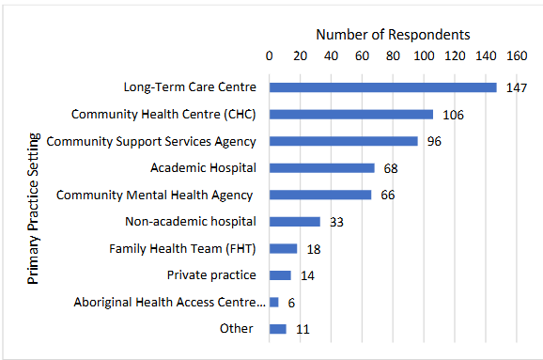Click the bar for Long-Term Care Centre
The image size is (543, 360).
point(382,87)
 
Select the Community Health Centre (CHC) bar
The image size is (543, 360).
point(351,115)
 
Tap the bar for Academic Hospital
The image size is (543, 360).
point(321,168)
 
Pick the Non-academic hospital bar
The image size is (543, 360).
point(295,222)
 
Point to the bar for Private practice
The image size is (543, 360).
point(280,275)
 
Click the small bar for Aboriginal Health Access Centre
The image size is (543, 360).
point(274,302)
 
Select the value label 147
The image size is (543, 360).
point(514,88)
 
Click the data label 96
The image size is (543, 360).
point(434,142)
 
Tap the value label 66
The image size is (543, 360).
point(387,196)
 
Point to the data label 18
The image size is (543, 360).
point(314,249)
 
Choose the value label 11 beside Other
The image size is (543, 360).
point(301,329)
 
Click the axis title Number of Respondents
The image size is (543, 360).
point(393,34)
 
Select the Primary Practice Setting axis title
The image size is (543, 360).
point(34,208)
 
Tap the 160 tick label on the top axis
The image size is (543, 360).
point(517,55)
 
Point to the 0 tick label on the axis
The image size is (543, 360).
point(270,55)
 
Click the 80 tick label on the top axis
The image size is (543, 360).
point(393,55)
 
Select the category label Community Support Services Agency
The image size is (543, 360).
point(151,142)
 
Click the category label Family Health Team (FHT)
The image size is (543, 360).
point(182,249)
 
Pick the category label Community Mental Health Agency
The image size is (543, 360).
point(154,196)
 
